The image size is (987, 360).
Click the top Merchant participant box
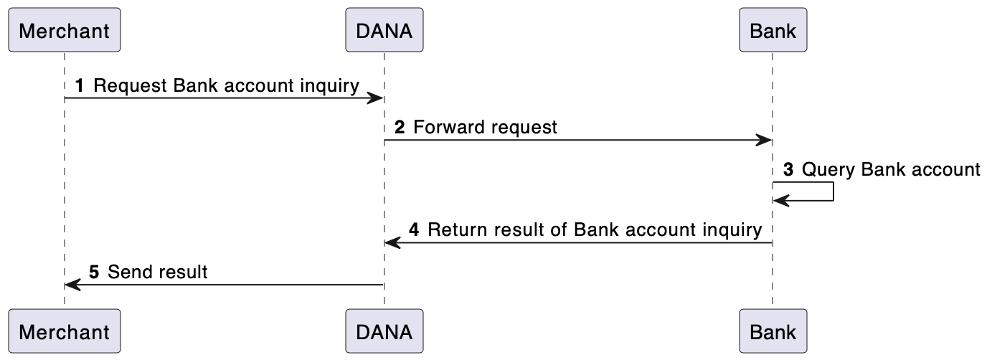(x=65, y=29)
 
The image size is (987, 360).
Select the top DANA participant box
(x=384, y=29)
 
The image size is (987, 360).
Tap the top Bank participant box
(x=773, y=29)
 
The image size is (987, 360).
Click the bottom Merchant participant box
(x=65, y=331)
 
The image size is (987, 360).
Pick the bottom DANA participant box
(x=384, y=331)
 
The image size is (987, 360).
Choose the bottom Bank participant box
(x=773, y=331)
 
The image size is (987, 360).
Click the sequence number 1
(x=80, y=86)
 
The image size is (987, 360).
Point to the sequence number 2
(x=400, y=128)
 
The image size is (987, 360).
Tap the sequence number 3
(x=788, y=170)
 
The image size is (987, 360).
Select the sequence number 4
(x=414, y=230)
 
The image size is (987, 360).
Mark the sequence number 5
(x=94, y=272)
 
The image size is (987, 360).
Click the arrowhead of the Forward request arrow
(x=764, y=141)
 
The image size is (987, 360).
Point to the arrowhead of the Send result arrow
(x=73, y=285)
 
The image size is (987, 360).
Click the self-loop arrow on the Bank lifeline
(x=833, y=191)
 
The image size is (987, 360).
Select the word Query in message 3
(x=828, y=171)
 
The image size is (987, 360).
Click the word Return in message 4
(x=457, y=230)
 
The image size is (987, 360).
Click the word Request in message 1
(x=130, y=86)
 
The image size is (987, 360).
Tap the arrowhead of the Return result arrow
(x=393, y=243)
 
